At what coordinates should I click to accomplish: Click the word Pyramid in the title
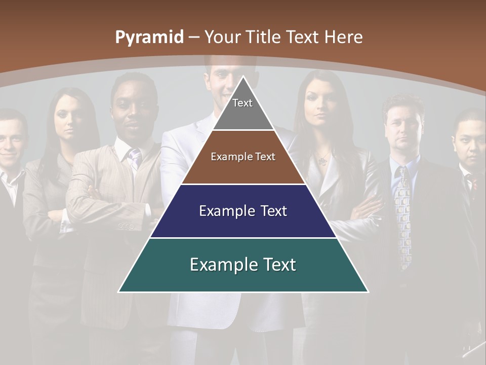coord(149,38)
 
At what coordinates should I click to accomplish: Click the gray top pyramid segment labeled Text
coord(242,109)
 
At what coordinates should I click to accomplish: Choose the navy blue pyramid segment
coord(243,211)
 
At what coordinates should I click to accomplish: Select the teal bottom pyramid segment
coord(243,265)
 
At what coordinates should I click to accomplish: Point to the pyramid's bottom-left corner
coord(119,291)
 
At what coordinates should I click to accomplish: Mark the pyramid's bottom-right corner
coord(367,291)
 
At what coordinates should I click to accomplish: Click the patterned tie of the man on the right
coord(404,213)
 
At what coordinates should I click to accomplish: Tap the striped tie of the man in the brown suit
coord(135,158)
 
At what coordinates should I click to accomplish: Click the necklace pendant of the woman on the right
coord(321,161)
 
